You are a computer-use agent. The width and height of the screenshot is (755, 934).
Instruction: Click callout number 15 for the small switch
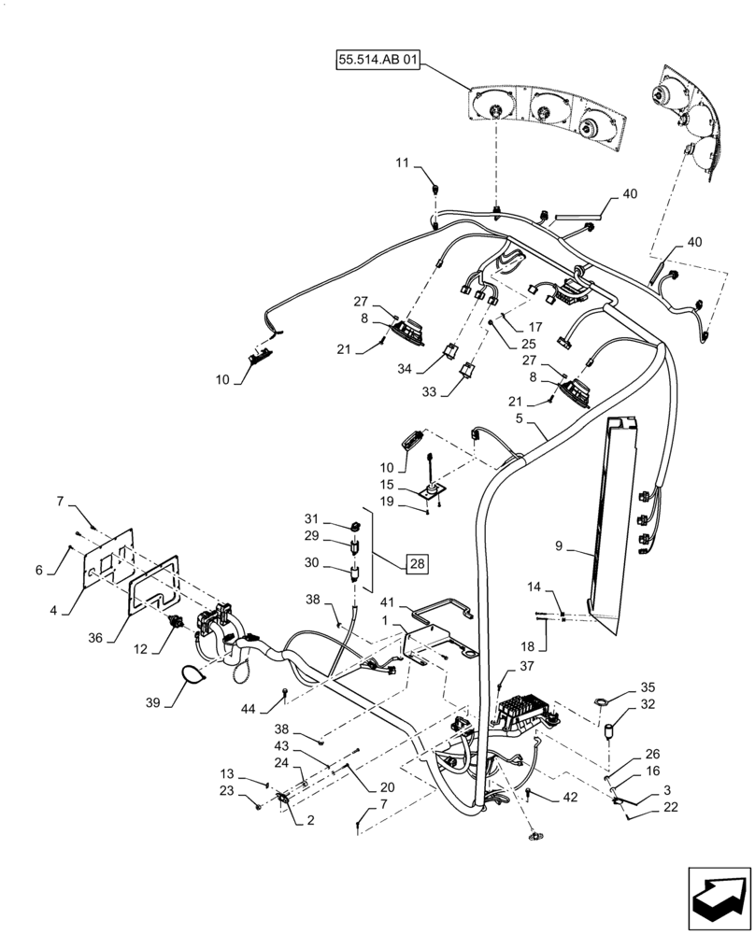click(x=387, y=484)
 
